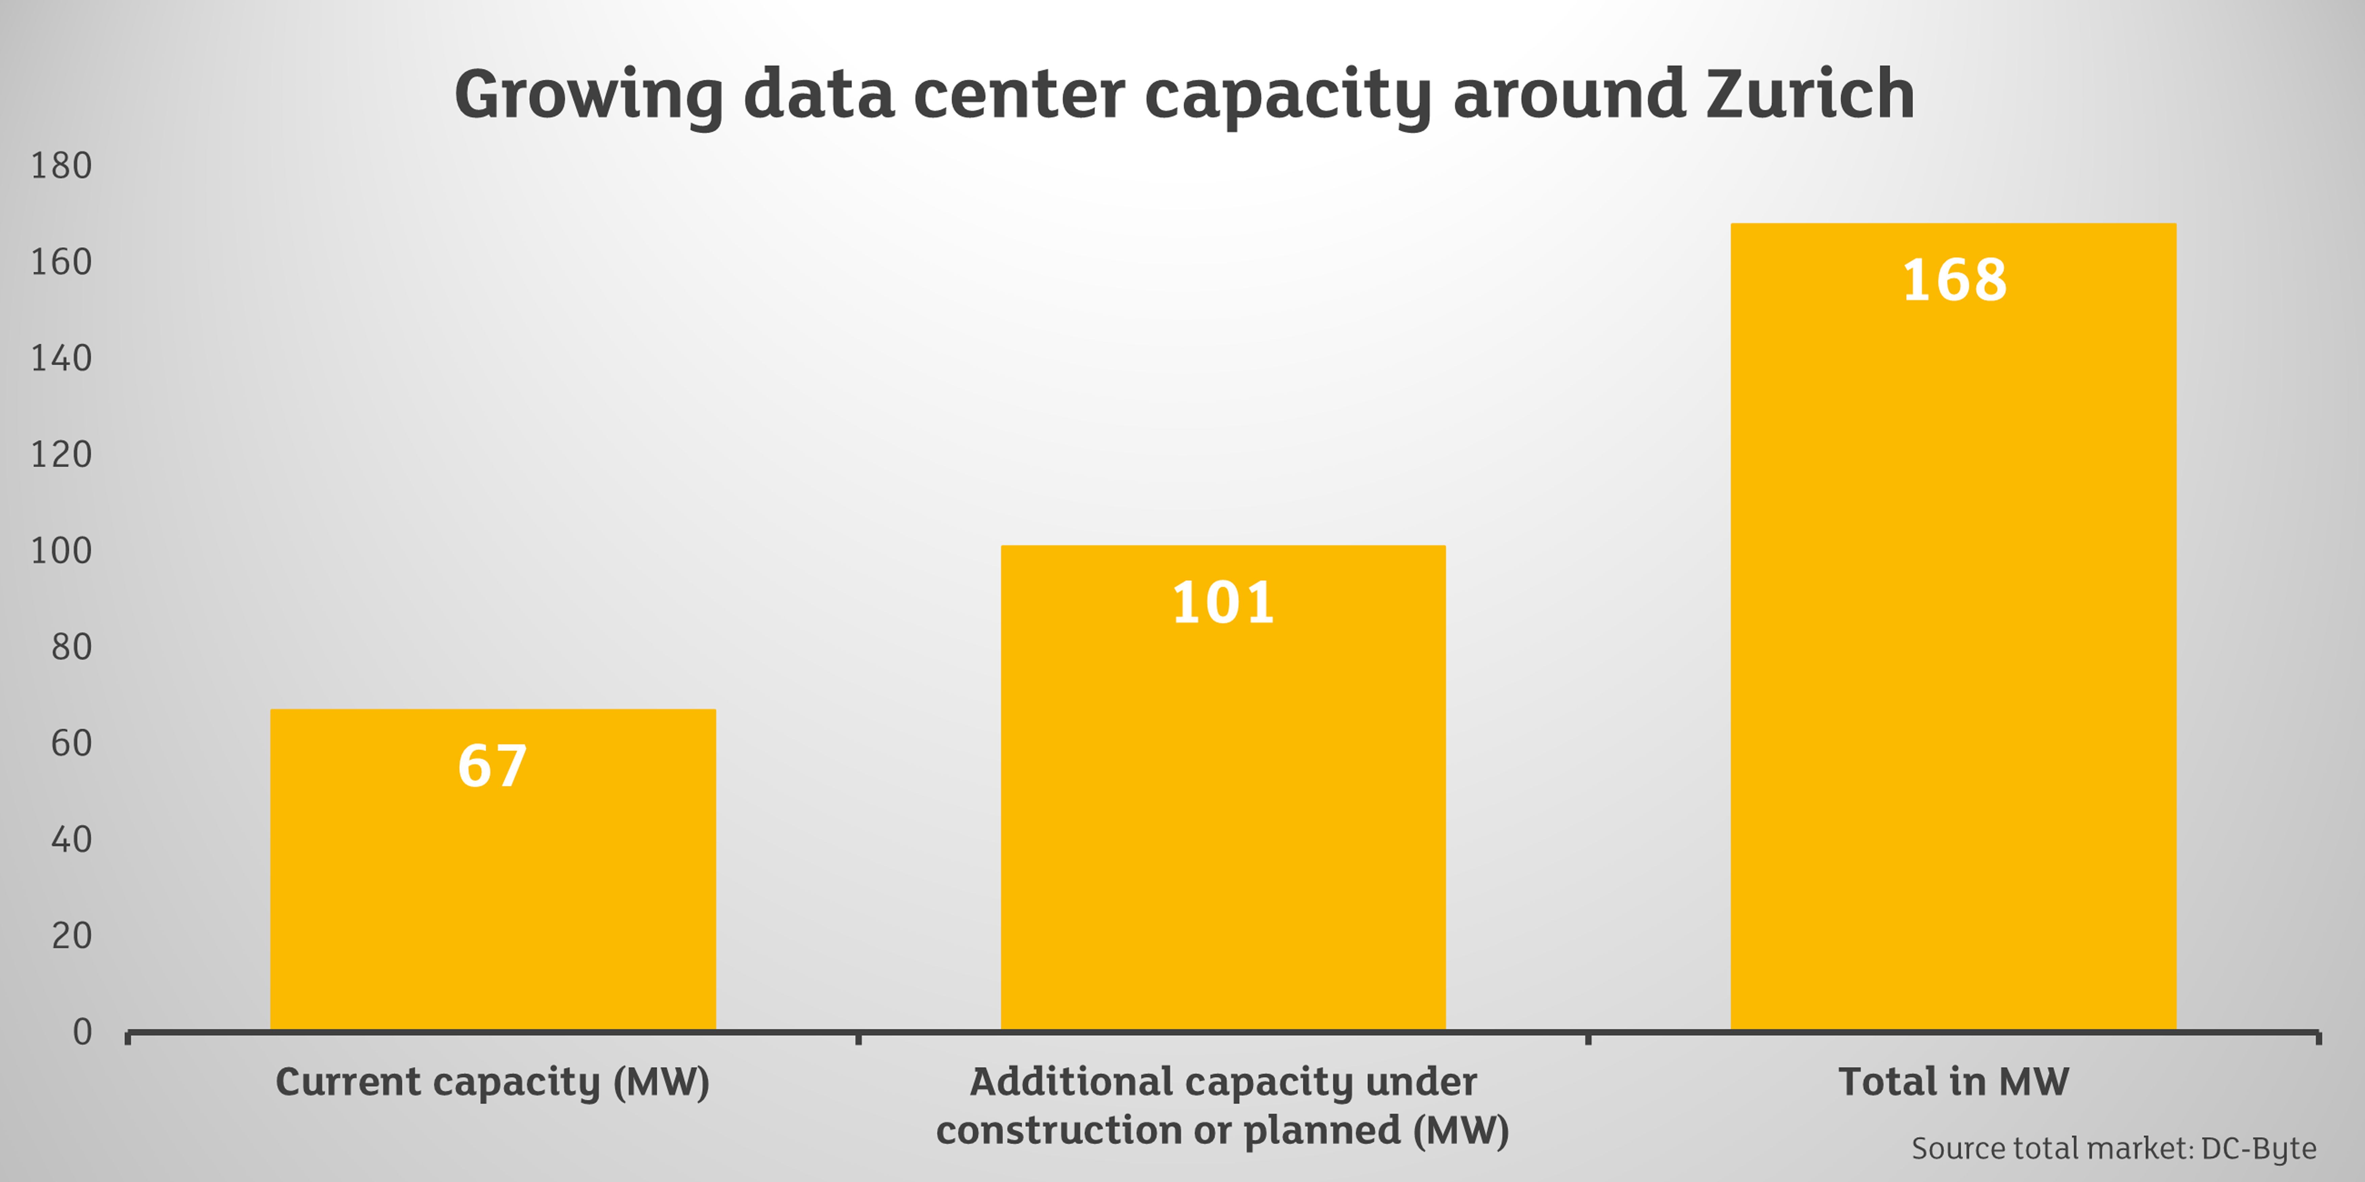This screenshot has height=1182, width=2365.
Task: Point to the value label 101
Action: point(1223,603)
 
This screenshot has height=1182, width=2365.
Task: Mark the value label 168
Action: point(1954,280)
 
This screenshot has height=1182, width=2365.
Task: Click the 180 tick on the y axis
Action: point(60,166)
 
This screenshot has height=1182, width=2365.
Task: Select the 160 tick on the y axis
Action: point(60,262)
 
